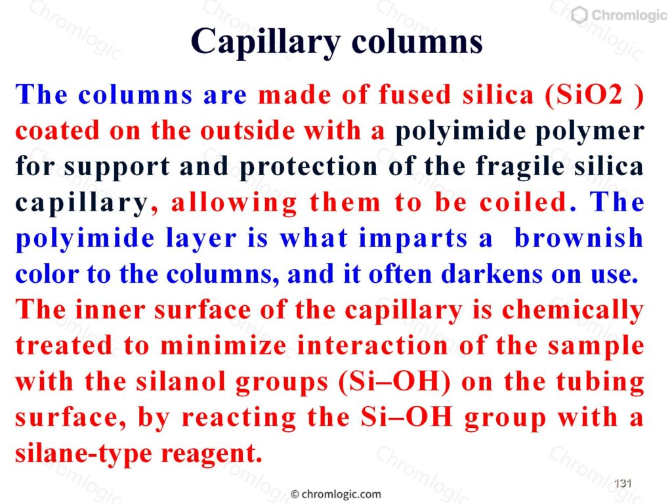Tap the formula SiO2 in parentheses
pos(594,95)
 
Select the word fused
pos(415,94)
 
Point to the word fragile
pos(520,167)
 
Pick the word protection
pos(308,167)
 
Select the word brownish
pos(579,238)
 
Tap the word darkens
pos(492,274)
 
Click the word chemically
pos(572,310)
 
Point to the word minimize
pos(223,345)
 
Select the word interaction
pos(373,345)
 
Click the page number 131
pos(623,484)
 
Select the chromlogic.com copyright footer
pos(336,494)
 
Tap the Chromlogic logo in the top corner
pos(619,15)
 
